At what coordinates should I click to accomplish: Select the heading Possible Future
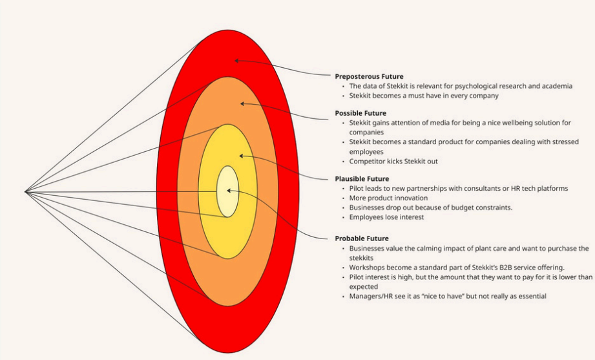pos(360,113)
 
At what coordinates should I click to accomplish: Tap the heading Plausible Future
pos(361,178)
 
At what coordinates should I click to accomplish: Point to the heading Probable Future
pos(362,238)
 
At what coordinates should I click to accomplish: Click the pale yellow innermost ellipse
pos(227,191)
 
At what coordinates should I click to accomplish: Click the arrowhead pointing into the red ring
pos(236,61)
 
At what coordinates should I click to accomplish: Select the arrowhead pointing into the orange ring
pos(242,103)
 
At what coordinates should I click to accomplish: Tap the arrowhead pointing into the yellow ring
pos(241,156)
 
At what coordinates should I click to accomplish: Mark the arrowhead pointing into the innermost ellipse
pos(229,191)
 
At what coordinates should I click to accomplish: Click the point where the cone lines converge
pos(25,191)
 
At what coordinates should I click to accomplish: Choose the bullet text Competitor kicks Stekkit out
pos(393,161)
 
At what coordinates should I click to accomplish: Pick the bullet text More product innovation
pos(388,198)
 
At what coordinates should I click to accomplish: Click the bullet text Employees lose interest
pos(386,217)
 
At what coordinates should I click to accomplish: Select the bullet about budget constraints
pos(431,207)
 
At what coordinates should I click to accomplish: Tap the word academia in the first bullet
pos(556,86)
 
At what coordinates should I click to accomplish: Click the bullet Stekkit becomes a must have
pos(424,96)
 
